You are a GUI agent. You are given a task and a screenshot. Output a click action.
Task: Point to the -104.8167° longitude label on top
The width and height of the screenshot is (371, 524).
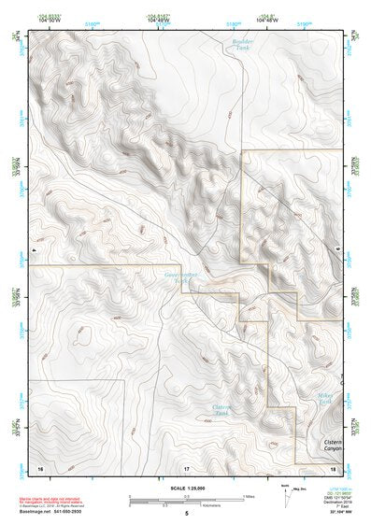159,16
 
